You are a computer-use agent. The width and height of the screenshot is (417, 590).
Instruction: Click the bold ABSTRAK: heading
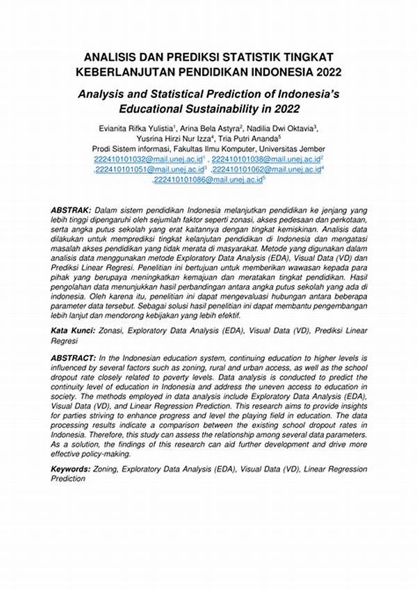(72, 209)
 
